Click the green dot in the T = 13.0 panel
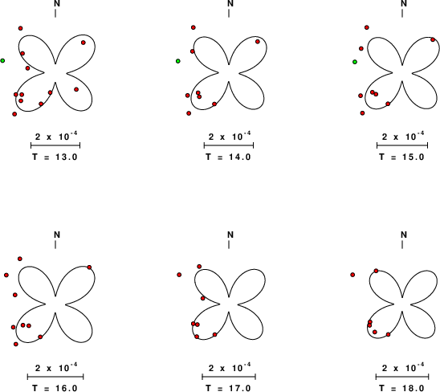[2, 61]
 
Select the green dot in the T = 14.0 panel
[178, 61]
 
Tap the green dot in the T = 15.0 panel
[355, 62]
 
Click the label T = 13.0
[55, 157]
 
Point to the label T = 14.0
[228, 157]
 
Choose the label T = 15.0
[401, 157]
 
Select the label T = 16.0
[55, 388]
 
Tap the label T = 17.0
[228, 388]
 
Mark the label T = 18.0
[401, 388]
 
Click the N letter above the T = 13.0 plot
[57, 3]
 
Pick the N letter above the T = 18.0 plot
[404, 235]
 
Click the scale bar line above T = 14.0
[229, 145]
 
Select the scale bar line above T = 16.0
[55, 377]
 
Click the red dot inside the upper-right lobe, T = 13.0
[84, 43]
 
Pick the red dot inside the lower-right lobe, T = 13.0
[76, 89]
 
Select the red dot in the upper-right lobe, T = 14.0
[258, 42]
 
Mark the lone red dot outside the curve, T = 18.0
[352, 275]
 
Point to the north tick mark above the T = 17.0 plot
[229, 244]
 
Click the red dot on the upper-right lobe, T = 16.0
[89, 267]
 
